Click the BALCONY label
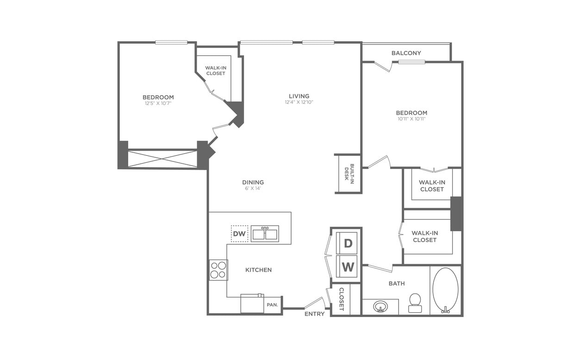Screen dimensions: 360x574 tap(406, 53)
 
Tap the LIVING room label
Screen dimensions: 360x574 tap(299, 96)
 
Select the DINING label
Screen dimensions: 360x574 tap(253, 182)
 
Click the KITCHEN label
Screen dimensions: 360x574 tap(258, 270)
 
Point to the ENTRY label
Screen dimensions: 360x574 tap(314, 314)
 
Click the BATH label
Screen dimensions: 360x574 tap(397, 283)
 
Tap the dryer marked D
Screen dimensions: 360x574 tap(348, 243)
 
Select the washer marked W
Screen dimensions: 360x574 tap(348, 267)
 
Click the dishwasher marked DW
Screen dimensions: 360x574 tap(239, 234)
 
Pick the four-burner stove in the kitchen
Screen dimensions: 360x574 tap(218, 270)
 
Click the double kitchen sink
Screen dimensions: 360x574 tap(265, 234)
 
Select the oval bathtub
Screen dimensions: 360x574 tap(445, 290)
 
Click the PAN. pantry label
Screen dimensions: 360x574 tap(272, 305)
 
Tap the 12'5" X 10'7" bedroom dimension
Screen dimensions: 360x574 tap(158, 103)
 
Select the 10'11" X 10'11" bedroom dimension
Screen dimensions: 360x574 tap(411, 119)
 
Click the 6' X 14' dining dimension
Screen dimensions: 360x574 tap(253, 188)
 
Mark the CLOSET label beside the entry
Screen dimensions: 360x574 tap(342, 299)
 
